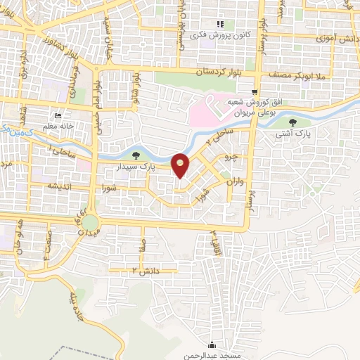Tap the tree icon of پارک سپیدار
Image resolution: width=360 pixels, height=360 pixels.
pyautogui.click(x=136, y=155)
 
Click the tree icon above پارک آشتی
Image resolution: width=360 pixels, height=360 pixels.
pyautogui.click(x=302, y=122)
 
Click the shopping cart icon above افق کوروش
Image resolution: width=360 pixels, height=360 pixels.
pyautogui.click(x=255, y=92)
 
